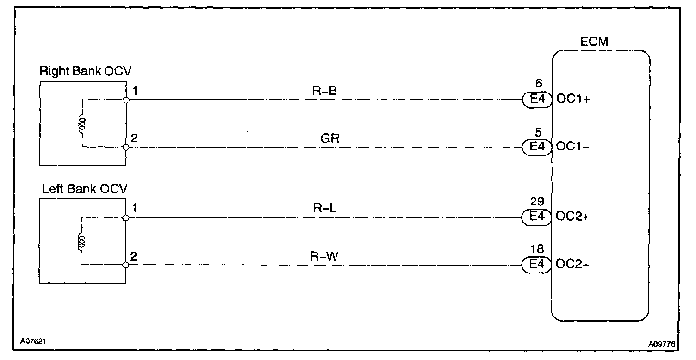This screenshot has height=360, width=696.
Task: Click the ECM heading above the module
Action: [594, 42]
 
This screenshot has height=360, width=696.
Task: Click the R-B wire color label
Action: [324, 91]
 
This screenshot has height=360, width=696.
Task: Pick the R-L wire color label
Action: [324, 208]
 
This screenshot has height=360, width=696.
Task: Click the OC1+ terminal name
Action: [572, 100]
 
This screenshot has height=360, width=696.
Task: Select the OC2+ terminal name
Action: [572, 217]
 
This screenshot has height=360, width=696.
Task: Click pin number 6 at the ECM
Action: [537, 85]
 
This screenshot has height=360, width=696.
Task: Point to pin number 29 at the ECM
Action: [537, 202]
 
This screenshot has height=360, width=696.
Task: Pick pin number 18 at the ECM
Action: [537, 250]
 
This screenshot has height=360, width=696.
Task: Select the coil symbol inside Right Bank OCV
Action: [82, 124]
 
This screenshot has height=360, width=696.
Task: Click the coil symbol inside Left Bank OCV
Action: [82, 242]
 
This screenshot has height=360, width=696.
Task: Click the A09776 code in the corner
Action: [663, 343]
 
